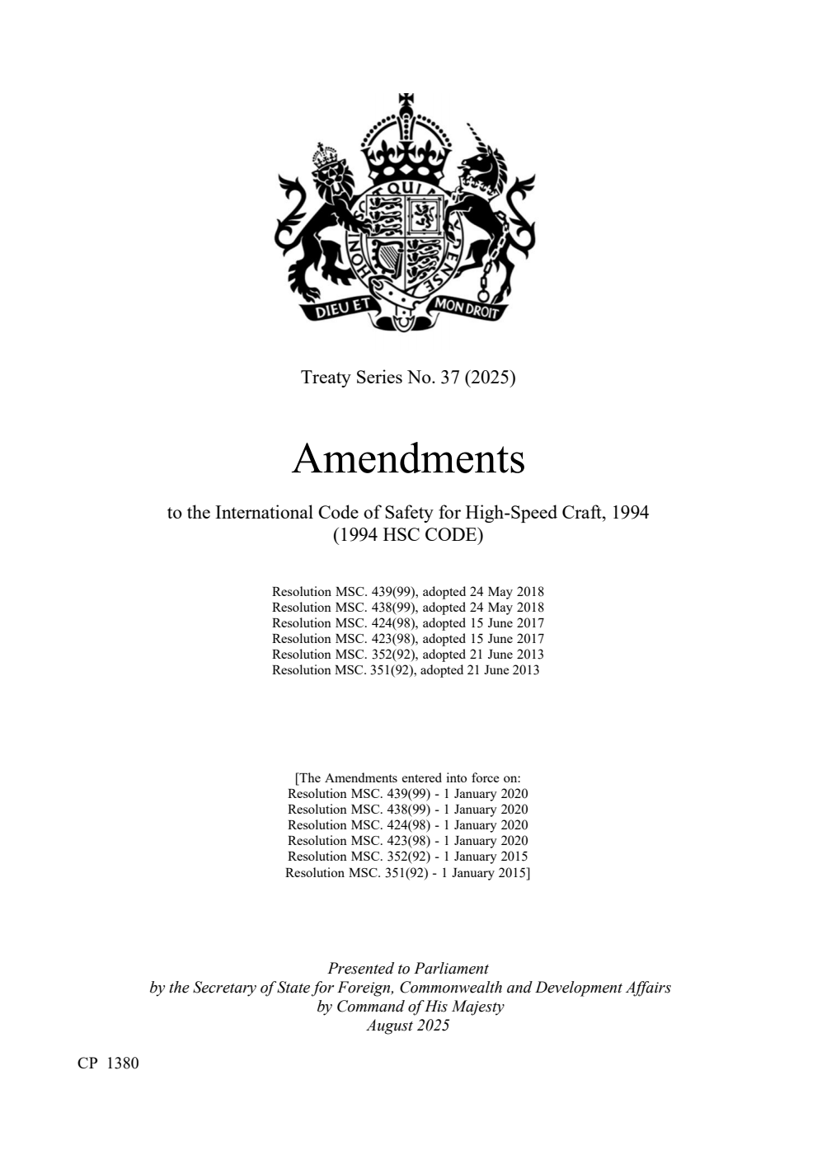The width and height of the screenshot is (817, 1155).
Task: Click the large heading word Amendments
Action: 408,459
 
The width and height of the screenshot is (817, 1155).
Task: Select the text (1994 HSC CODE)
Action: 408,534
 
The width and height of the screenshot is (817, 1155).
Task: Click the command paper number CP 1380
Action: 108,1063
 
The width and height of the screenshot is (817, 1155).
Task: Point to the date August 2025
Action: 408,1025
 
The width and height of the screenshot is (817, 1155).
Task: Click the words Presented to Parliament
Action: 408,969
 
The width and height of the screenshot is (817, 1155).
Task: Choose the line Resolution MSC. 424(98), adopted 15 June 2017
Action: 408,623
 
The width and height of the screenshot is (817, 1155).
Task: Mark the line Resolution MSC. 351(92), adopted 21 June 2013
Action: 406,670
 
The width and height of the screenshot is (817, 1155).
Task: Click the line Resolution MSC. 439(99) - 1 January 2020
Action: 408,794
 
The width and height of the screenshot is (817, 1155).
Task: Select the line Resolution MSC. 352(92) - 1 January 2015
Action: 408,857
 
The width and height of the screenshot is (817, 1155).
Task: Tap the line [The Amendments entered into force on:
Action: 408,778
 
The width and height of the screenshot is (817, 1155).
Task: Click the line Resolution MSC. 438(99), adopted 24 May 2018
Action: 408,608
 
